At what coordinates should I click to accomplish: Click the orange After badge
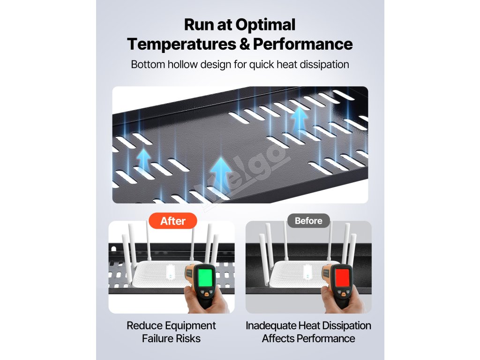pyautogui.click(x=173, y=221)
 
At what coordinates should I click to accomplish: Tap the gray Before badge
pyautogui.click(x=308, y=220)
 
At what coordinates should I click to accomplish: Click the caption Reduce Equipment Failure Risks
pyautogui.click(x=171, y=332)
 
